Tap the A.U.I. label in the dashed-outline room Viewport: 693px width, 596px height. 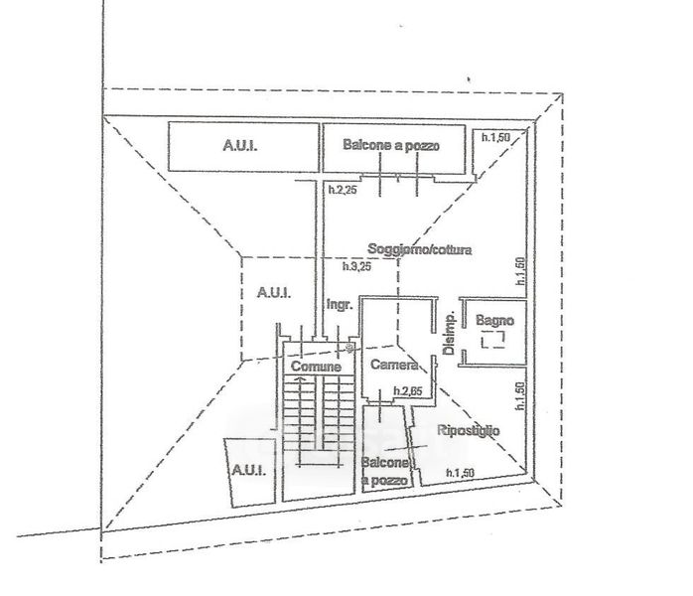pos(272,292)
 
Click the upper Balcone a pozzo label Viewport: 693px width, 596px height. pos(391,145)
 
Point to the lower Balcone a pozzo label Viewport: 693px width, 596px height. pos(385,472)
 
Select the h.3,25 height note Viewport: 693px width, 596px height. pos(355,267)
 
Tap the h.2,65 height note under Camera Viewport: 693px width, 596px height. pos(409,390)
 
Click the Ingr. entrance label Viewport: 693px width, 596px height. pos(340,306)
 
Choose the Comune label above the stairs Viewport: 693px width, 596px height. pos(316,367)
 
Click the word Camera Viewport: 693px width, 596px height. pos(394,365)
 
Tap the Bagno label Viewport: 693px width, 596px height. pos(493,321)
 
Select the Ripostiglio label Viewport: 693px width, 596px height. pos(469,431)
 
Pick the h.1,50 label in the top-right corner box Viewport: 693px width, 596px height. pos(495,137)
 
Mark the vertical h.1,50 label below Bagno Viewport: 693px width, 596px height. pos(519,394)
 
